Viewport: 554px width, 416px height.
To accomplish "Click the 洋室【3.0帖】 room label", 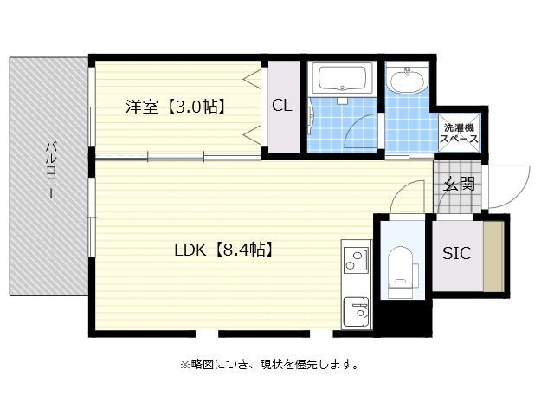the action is pyautogui.click(x=176, y=106).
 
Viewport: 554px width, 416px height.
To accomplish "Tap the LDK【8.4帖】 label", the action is pyautogui.click(x=224, y=250).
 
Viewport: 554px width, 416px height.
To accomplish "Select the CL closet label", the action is pyautogui.click(x=282, y=105).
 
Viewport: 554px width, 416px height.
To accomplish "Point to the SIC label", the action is pyautogui.click(x=456, y=253).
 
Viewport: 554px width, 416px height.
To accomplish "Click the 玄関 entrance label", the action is pyautogui.click(x=459, y=184).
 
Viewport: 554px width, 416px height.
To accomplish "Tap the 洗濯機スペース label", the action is pyautogui.click(x=459, y=133).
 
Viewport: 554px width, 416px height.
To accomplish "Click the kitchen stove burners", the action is pyautogui.click(x=356, y=260).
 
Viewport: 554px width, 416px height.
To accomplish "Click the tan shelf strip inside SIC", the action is pyautogui.click(x=493, y=257).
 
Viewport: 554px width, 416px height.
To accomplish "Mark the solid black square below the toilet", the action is pyautogui.click(x=403, y=318).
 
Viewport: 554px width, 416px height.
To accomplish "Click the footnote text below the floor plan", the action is pyautogui.click(x=269, y=364).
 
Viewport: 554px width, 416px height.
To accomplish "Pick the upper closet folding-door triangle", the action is pyautogui.click(x=253, y=77).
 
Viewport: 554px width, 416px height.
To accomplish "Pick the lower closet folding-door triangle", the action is pyautogui.click(x=253, y=135).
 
